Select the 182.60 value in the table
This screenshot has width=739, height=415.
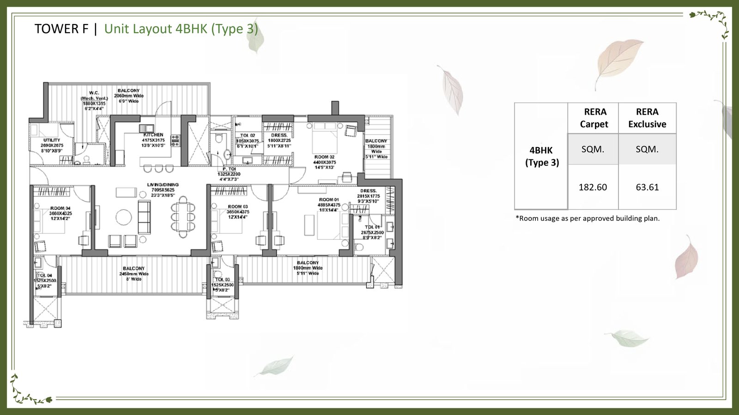[x=593, y=187]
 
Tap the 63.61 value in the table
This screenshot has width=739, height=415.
[x=647, y=187]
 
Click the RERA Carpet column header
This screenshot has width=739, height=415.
[x=594, y=118]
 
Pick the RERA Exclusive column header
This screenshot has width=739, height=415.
[x=647, y=118]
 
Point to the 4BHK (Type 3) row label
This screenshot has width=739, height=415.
[x=542, y=156]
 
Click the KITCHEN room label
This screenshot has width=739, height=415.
[x=153, y=135]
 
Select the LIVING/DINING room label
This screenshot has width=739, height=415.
[x=163, y=185]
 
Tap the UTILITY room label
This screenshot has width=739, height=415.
[x=52, y=140]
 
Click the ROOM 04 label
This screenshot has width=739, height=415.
[x=61, y=208]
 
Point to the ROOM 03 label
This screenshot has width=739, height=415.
[x=237, y=207]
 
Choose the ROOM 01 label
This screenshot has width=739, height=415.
[x=328, y=200]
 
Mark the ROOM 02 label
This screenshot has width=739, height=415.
[x=324, y=157]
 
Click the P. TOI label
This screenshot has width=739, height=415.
[x=229, y=169]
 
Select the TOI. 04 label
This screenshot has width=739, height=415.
[x=45, y=276]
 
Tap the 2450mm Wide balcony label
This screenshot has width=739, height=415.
[x=133, y=273]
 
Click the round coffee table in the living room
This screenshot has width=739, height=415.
[x=123, y=217]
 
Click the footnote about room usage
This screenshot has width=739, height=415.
[x=587, y=219]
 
